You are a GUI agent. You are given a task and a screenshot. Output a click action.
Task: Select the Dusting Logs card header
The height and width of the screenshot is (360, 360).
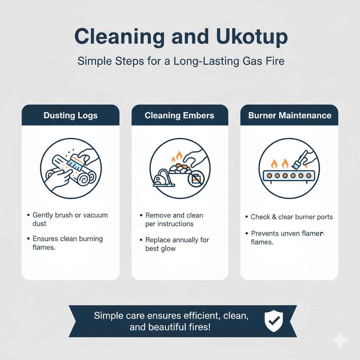tap(71, 115)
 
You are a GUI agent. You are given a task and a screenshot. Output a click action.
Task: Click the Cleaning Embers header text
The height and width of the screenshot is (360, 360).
tap(179, 115)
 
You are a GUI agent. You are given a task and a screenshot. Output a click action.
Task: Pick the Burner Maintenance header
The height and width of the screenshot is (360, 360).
tap(290, 115)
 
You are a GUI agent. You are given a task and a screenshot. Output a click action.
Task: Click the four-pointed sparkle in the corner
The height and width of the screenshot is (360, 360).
tap(340, 340)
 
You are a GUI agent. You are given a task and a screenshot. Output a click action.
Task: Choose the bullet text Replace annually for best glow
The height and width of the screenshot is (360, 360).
tap(177, 244)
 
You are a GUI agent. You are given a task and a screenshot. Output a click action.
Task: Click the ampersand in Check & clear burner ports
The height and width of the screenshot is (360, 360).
tap(274, 217)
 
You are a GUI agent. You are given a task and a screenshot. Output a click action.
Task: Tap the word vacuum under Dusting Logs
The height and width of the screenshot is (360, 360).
tap(95, 215)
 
